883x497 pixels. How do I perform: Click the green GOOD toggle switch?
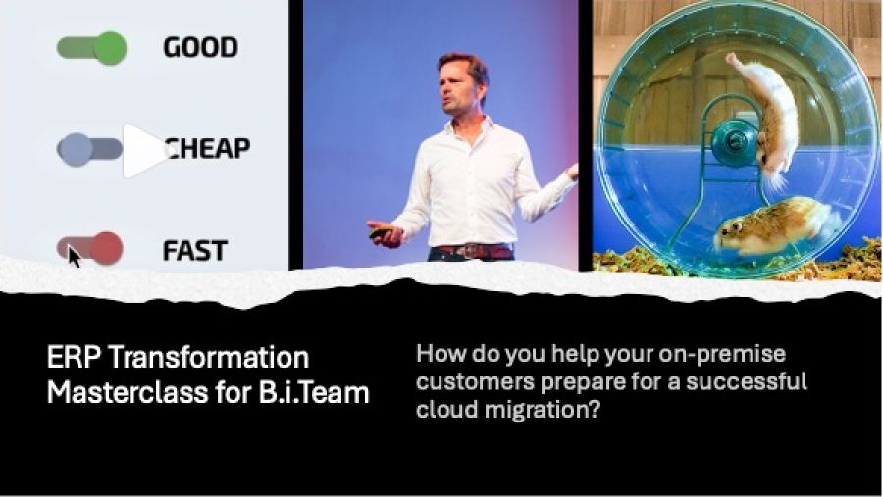pyautogui.click(x=91, y=48)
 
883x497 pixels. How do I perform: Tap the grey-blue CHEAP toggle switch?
pyautogui.click(x=89, y=150)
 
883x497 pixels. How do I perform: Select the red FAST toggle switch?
pyautogui.click(x=90, y=248)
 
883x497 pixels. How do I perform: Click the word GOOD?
pyautogui.click(x=200, y=47)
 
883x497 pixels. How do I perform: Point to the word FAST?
pyautogui.click(x=195, y=251)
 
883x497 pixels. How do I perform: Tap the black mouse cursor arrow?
pyautogui.click(x=74, y=257)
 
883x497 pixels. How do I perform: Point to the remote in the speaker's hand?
pyautogui.click(x=381, y=231)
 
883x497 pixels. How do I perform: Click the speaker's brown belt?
pyautogui.click(x=474, y=251)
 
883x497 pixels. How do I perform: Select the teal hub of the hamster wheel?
pyautogui.click(x=735, y=141)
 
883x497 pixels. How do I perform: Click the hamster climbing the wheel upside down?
pyautogui.click(x=767, y=119)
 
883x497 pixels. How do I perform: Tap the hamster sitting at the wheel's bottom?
pyautogui.click(x=775, y=225)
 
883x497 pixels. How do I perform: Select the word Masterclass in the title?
pyautogui.click(x=128, y=392)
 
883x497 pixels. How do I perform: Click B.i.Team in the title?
pyautogui.click(x=314, y=392)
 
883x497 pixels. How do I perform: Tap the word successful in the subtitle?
pyautogui.click(x=747, y=381)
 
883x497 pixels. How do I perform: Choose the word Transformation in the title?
pyautogui.click(x=208, y=358)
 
